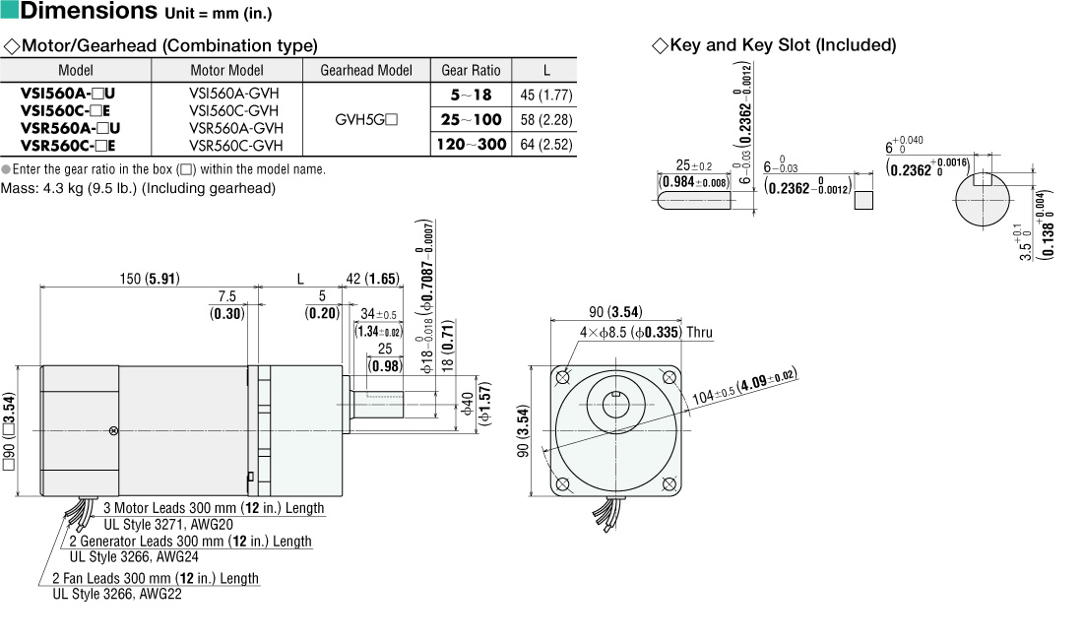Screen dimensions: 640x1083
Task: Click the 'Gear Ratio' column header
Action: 471,70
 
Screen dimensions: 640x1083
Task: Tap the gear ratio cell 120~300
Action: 471,144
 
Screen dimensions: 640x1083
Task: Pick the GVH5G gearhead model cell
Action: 366,120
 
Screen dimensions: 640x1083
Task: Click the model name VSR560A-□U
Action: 70,127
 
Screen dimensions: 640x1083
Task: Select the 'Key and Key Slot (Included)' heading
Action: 782,45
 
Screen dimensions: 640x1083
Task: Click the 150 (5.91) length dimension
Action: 149,279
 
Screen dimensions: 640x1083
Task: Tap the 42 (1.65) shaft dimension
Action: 372,279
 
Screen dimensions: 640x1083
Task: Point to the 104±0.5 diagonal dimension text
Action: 743,387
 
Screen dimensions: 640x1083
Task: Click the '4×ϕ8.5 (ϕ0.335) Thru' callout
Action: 645,333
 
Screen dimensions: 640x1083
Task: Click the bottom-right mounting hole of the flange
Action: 669,483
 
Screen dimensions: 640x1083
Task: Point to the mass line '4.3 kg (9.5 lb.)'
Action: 138,188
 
